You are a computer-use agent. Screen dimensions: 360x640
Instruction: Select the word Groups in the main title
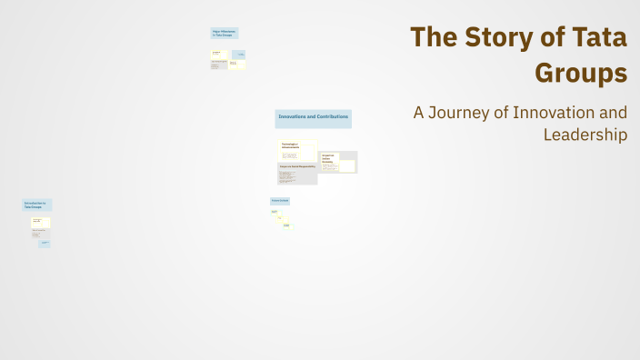pyautogui.click(x=581, y=73)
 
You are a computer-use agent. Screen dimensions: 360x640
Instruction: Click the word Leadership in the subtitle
pyautogui.click(x=585, y=135)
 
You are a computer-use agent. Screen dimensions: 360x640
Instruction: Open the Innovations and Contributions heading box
pyautogui.click(x=313, y=118)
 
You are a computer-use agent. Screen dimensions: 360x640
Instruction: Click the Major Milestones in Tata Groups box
pyautogui.click(x=224, y=33)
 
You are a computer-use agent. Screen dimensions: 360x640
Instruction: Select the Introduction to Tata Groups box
pyautogui.click(x=36, y=205)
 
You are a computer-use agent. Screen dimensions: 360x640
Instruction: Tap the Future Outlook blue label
pyautogui.click(x=279, y=201)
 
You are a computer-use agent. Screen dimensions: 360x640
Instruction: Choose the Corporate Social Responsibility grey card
pyautogui.click(x=297, y=174)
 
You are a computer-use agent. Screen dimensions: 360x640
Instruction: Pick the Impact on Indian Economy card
pyautogui.click(x=337, y=162)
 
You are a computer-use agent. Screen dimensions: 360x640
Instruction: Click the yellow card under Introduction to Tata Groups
pyautogui.click(x=40, y=221)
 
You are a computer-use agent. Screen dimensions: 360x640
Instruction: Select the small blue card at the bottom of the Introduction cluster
pyautogui.click(x=45, y=244)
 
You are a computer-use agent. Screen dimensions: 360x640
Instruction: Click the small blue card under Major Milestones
pyautogui.click(x=240, y=54)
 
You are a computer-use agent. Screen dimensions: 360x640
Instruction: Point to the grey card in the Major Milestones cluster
pyautogui.click(x=218, y=65)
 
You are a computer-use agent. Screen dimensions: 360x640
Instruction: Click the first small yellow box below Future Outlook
pyautogui.click(x=274, y=212)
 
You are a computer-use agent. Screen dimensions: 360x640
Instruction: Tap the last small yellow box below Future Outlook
pyautogui.click(x=286, y=225)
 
